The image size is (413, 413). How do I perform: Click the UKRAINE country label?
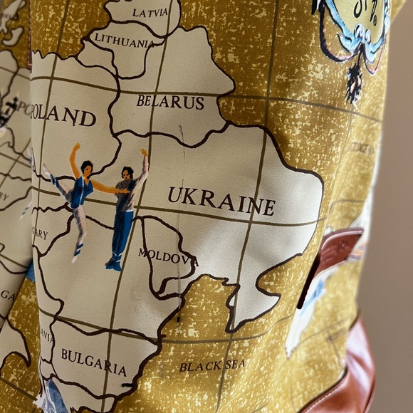click(221, 200)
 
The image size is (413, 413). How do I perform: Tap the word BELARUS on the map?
click(170, 102)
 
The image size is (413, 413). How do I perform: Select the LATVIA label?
click(149, 12)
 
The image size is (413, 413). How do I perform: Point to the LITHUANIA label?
click(123, 42)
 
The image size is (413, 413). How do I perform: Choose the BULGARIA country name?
click(93, 361)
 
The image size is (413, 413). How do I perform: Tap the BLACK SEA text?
click(212, 366)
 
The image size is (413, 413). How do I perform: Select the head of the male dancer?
click(127, 173)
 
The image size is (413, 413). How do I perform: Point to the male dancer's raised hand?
click(144, 152)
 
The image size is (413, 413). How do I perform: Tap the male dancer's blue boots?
click(113, 263)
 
